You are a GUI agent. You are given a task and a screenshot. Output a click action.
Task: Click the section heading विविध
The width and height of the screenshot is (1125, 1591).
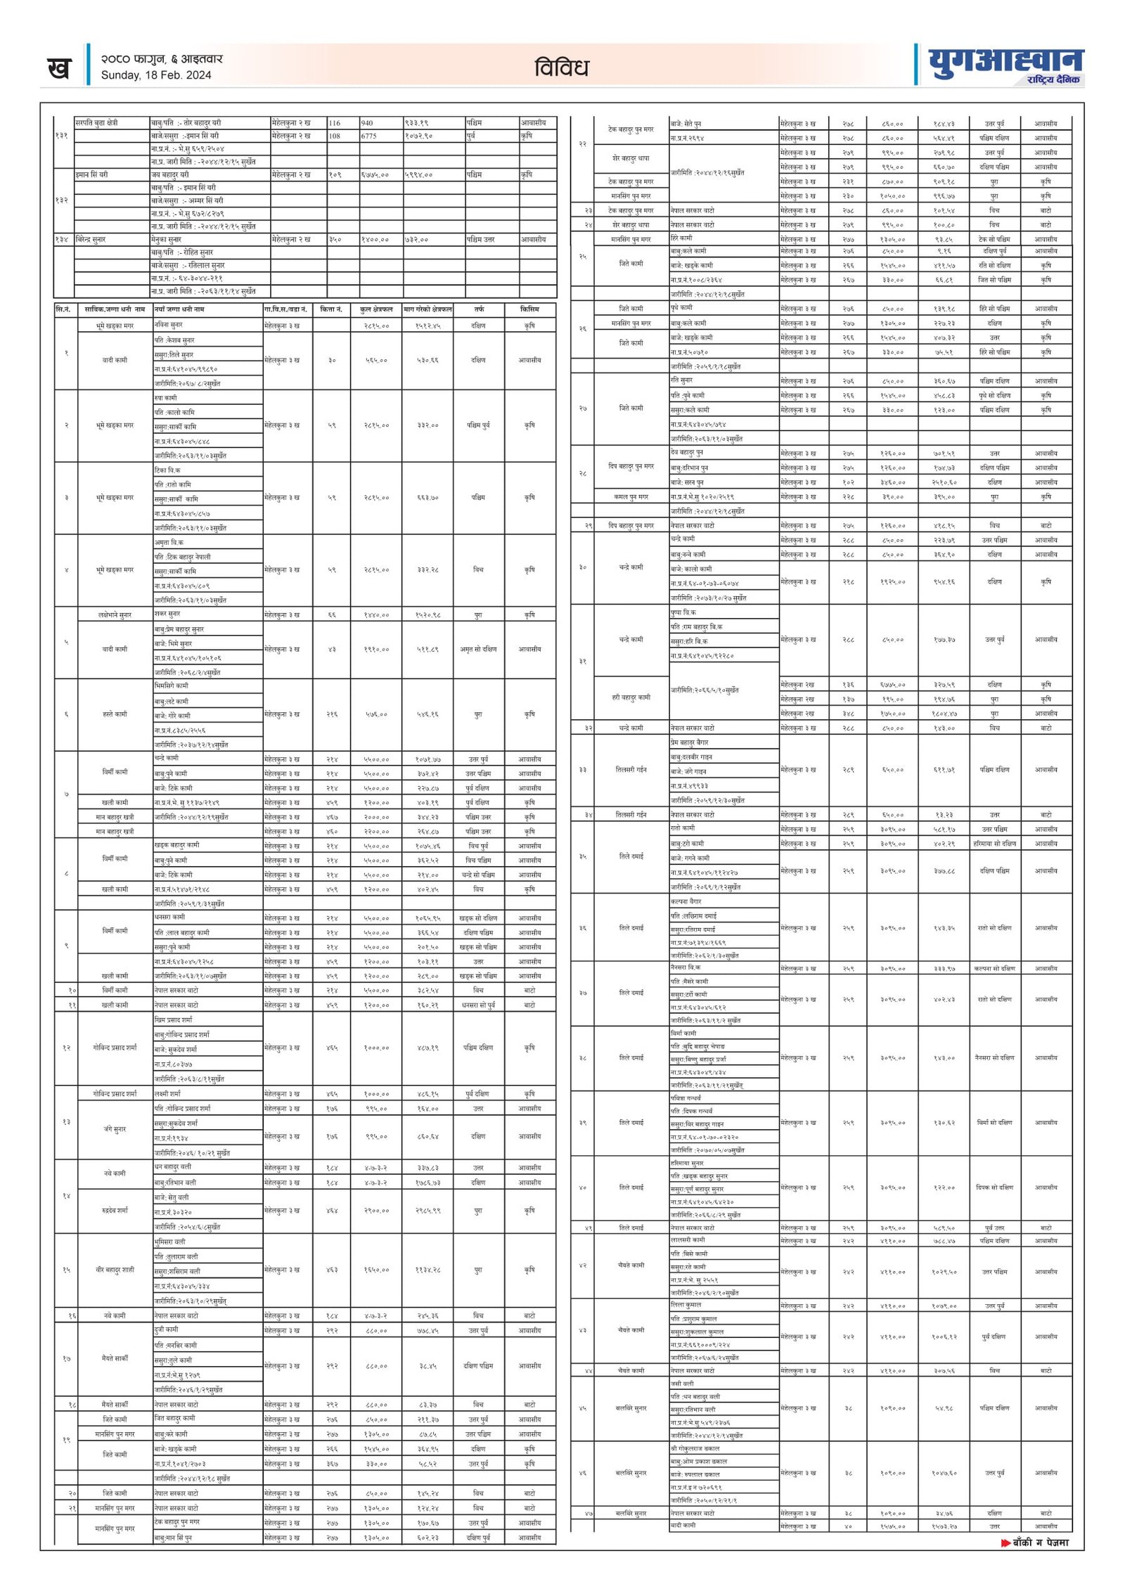click(561, 68)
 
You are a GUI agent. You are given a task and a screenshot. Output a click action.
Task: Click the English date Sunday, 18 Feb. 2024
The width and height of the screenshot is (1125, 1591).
click(156, 75)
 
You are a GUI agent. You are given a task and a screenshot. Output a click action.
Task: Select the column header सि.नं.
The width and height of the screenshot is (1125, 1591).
click(63, 309)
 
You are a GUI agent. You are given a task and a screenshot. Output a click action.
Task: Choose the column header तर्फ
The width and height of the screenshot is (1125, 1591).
click(478, 309)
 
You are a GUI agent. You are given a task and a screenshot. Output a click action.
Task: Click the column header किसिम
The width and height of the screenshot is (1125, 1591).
click(529, 309)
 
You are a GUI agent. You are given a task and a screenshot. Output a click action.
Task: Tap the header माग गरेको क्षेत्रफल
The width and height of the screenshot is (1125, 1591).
click(427, 309)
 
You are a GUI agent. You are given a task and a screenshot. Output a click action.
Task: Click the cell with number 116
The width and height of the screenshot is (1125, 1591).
click(335, 123)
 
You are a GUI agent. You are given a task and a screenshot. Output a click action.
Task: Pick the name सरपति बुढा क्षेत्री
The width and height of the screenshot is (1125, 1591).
click(96, 123)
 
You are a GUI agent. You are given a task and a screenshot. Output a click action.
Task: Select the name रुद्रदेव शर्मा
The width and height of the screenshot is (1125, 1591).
click(115, 1211)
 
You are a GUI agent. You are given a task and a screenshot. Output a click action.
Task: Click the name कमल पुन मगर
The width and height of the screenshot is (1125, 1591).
click(630, 497)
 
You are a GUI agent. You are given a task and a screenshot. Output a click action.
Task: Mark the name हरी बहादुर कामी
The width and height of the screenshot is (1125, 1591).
click(631, 697)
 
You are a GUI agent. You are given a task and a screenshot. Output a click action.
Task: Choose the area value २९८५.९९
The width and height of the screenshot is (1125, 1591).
click(427, 1211)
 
